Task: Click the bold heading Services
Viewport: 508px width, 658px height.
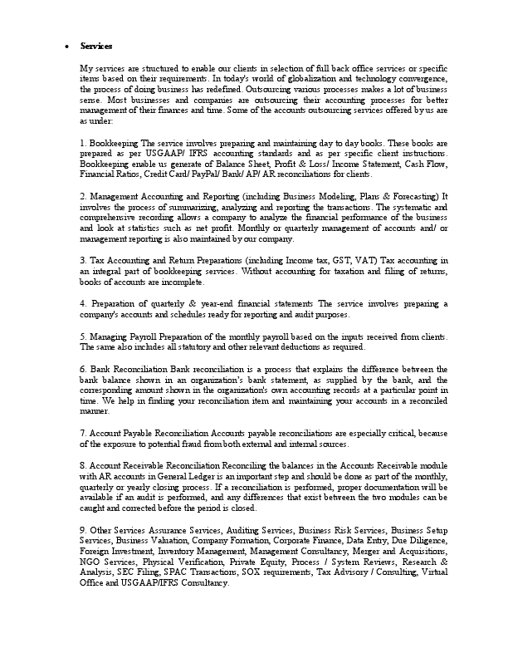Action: tap(96, 46)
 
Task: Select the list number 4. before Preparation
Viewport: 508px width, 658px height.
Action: tap(83, 304)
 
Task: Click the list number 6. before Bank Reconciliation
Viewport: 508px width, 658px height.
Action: tap(83, 368)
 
